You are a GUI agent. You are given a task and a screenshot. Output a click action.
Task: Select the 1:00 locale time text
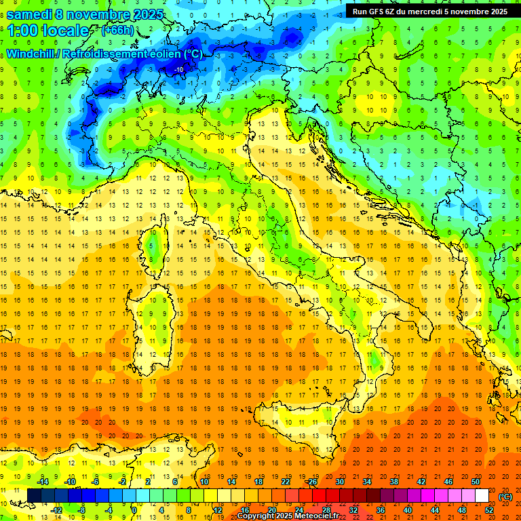[47, 31]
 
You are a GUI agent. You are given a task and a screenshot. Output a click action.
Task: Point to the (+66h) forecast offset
[118, 31]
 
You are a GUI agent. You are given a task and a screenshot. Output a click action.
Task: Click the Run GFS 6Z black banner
[429, 12]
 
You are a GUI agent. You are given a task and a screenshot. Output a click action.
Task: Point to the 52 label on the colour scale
[489, 510]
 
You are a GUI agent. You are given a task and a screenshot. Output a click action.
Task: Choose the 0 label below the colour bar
[134, 510]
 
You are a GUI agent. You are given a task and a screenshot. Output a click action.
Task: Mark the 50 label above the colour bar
[476, 482]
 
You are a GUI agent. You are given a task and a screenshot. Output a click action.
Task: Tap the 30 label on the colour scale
[340, 482]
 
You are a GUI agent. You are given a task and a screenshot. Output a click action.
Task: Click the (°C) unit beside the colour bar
[505, 496]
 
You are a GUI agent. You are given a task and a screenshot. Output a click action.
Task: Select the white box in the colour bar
[482, 496]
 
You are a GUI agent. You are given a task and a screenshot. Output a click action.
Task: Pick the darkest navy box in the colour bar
[34, 496]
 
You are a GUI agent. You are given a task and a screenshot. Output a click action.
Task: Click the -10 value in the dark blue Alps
[179, 69]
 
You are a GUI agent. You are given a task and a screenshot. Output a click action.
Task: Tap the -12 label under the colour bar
[57, 510]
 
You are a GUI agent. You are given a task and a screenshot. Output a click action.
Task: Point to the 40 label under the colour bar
[408, 510]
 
